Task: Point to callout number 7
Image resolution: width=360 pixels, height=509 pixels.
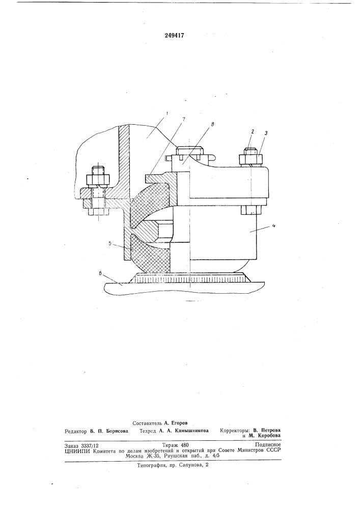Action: tap(184, 119)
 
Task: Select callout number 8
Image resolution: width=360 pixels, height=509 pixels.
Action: tap(213, 124)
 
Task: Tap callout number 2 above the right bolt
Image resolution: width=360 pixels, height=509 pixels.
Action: tap(252, 131)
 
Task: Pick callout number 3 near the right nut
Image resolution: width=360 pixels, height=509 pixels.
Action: tap(265, 133)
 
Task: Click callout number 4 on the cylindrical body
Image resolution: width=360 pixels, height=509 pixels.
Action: tap(274, 227)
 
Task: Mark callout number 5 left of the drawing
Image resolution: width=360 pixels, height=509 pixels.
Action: tap(109, 242)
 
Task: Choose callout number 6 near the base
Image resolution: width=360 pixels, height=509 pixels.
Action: tap(101, 274)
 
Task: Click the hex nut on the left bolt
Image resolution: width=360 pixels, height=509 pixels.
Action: tap(98, 180)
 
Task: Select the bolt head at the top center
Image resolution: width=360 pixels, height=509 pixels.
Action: tap(190, 151)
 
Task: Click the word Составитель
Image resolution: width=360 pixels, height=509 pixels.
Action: tap(148, 423)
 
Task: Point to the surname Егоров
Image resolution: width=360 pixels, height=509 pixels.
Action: tap(180, 423)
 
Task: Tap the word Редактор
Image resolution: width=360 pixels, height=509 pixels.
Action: tap(76, 432)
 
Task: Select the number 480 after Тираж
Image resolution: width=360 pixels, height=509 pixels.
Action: tap(184, 445)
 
